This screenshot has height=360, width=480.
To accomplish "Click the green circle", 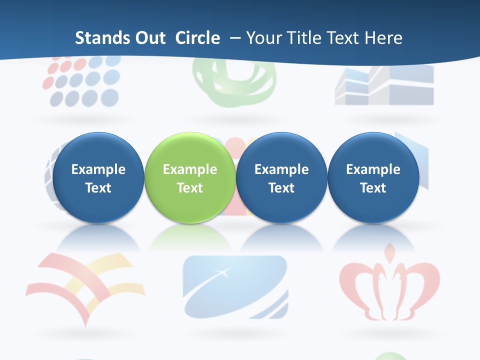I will click(190, 177).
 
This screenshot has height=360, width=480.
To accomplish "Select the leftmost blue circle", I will click(98, 177).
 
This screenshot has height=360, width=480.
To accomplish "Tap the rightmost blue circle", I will click(373, 177).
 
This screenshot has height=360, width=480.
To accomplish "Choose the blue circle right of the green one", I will click(281, 177).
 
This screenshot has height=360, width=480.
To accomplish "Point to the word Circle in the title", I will click(197, 38).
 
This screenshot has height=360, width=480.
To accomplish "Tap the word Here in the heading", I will click(383, 38).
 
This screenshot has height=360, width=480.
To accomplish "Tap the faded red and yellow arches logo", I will click(85, 285).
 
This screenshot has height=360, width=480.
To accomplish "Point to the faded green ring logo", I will click(234, 82).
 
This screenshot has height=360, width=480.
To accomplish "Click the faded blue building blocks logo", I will click(384, 85).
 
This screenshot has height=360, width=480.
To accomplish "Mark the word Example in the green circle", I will click(190, 169).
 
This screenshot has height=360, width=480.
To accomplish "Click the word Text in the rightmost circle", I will click(373, 188).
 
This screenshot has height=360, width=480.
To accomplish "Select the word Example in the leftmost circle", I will click(98, 169).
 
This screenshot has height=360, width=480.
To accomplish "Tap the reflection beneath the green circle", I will click(190, 239).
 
